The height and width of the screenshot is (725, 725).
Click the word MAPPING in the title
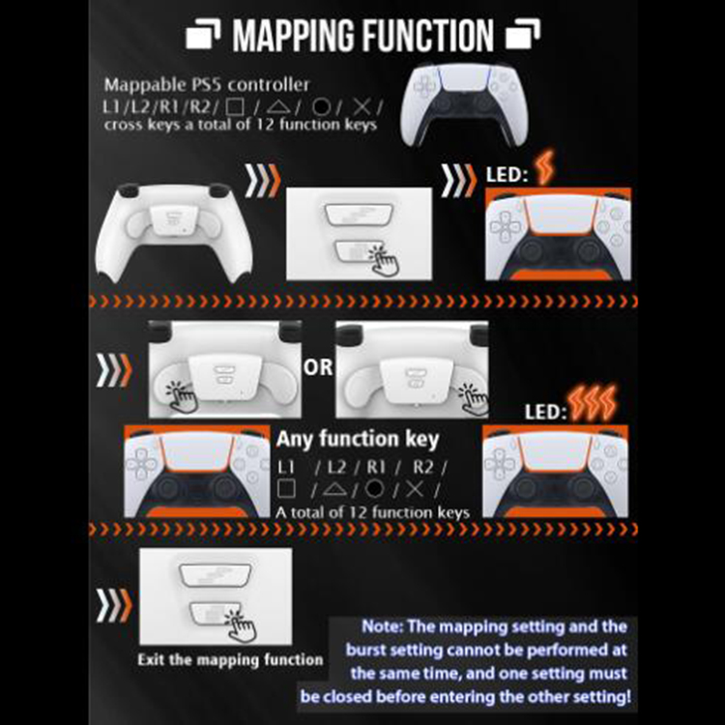pos(295,35)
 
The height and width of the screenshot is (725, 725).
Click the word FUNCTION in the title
pos(428,35)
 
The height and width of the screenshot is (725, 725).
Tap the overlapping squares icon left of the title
pos(203,34)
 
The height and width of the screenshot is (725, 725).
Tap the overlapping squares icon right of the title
pos(523,34)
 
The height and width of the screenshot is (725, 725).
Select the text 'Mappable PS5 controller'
pos(207,85)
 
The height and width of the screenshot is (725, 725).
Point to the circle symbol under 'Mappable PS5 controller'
pos(321,107)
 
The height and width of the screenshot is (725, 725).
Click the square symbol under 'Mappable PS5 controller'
pos(235,107)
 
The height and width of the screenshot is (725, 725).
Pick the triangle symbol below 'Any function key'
pos(334,489)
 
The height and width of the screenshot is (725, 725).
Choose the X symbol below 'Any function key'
pos(415,489)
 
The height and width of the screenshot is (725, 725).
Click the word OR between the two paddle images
pos(318,367)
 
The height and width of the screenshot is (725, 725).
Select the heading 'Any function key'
pos(358,439)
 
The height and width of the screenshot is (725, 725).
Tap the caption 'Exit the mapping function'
pos(230,659)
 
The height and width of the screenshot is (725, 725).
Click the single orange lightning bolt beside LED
pos(544,167)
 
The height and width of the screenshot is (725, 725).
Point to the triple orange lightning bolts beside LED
pos(594,403)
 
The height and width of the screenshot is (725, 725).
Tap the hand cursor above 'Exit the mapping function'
pos(240,626)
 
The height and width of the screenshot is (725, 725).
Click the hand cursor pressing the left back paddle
pos(182,396)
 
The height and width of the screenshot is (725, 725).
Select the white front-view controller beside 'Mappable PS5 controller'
pos(464,105)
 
